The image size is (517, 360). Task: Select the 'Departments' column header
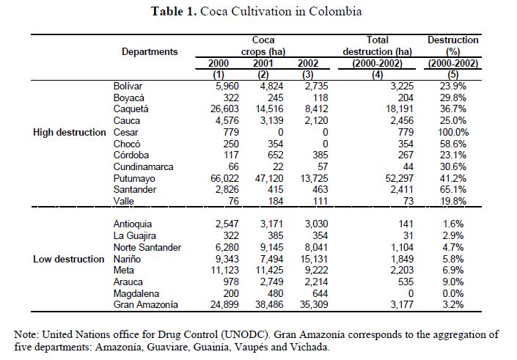click(x=150, y=51)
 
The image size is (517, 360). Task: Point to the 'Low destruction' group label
click(x=69, y=259)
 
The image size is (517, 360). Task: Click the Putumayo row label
click(x=133, y=177)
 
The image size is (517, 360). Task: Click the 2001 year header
click(x=263, y=63)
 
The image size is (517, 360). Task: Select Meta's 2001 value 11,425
click(x=262, y=270)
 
